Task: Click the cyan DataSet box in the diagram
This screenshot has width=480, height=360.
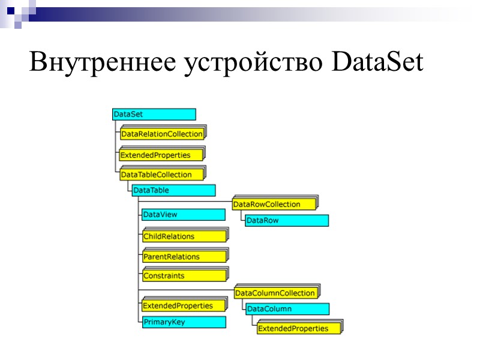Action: (154, 114)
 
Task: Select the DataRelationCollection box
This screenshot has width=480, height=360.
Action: (162, 134)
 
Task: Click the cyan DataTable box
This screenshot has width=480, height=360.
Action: (173, 190)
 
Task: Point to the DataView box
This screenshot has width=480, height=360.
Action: (184, 214)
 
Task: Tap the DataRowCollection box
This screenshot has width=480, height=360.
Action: (274, 204)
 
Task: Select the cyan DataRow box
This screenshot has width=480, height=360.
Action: (286, 220)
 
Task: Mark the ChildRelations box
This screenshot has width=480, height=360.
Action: (184, 236)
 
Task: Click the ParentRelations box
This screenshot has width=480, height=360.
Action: (184, 256)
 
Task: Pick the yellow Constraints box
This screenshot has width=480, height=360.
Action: (184, 276)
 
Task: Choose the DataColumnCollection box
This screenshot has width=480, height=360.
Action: (276, 293)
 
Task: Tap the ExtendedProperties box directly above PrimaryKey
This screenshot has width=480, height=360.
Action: (184, 305)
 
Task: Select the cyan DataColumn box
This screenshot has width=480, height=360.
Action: (287, 309)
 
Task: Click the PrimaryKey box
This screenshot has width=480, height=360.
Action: (184, 322)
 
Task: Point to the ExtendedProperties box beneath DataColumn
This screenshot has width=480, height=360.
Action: (298, 328)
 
